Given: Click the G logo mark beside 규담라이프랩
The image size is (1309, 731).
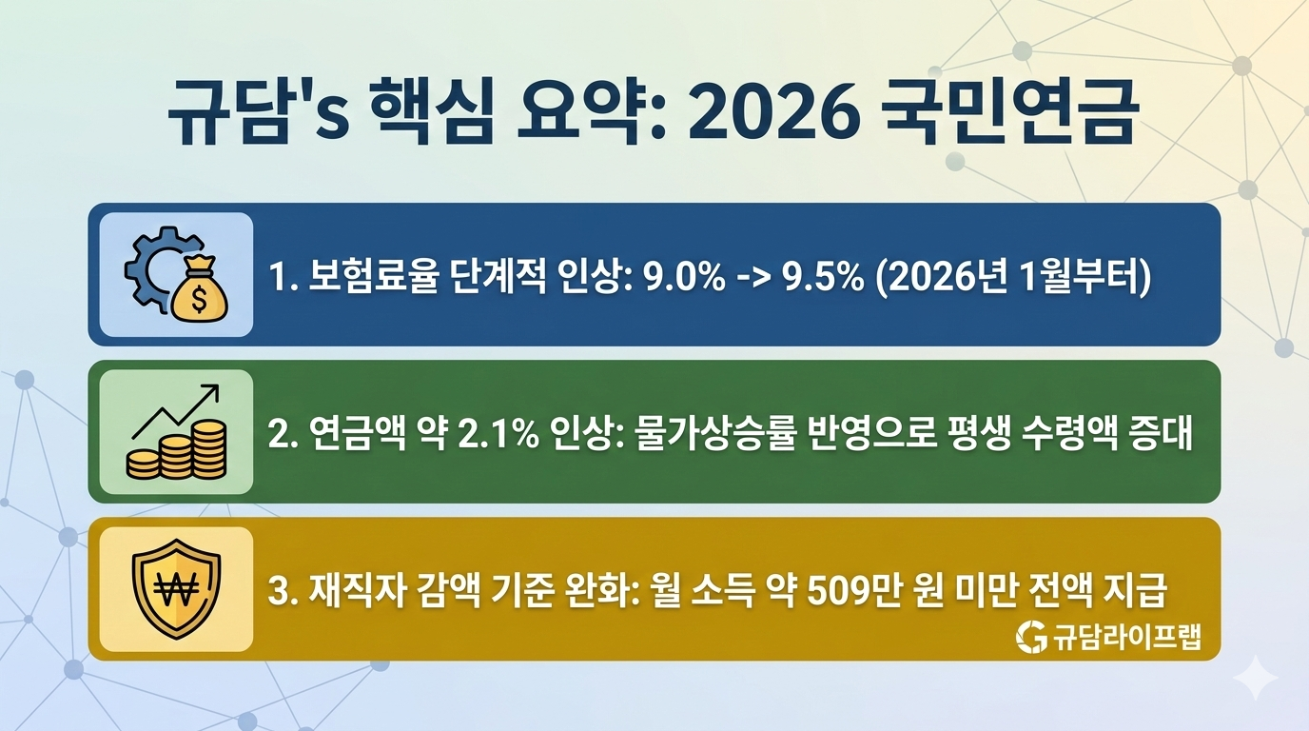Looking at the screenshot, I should click(x=1030, y=637).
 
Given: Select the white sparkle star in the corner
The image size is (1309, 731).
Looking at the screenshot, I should click(x=1255, y=677).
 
